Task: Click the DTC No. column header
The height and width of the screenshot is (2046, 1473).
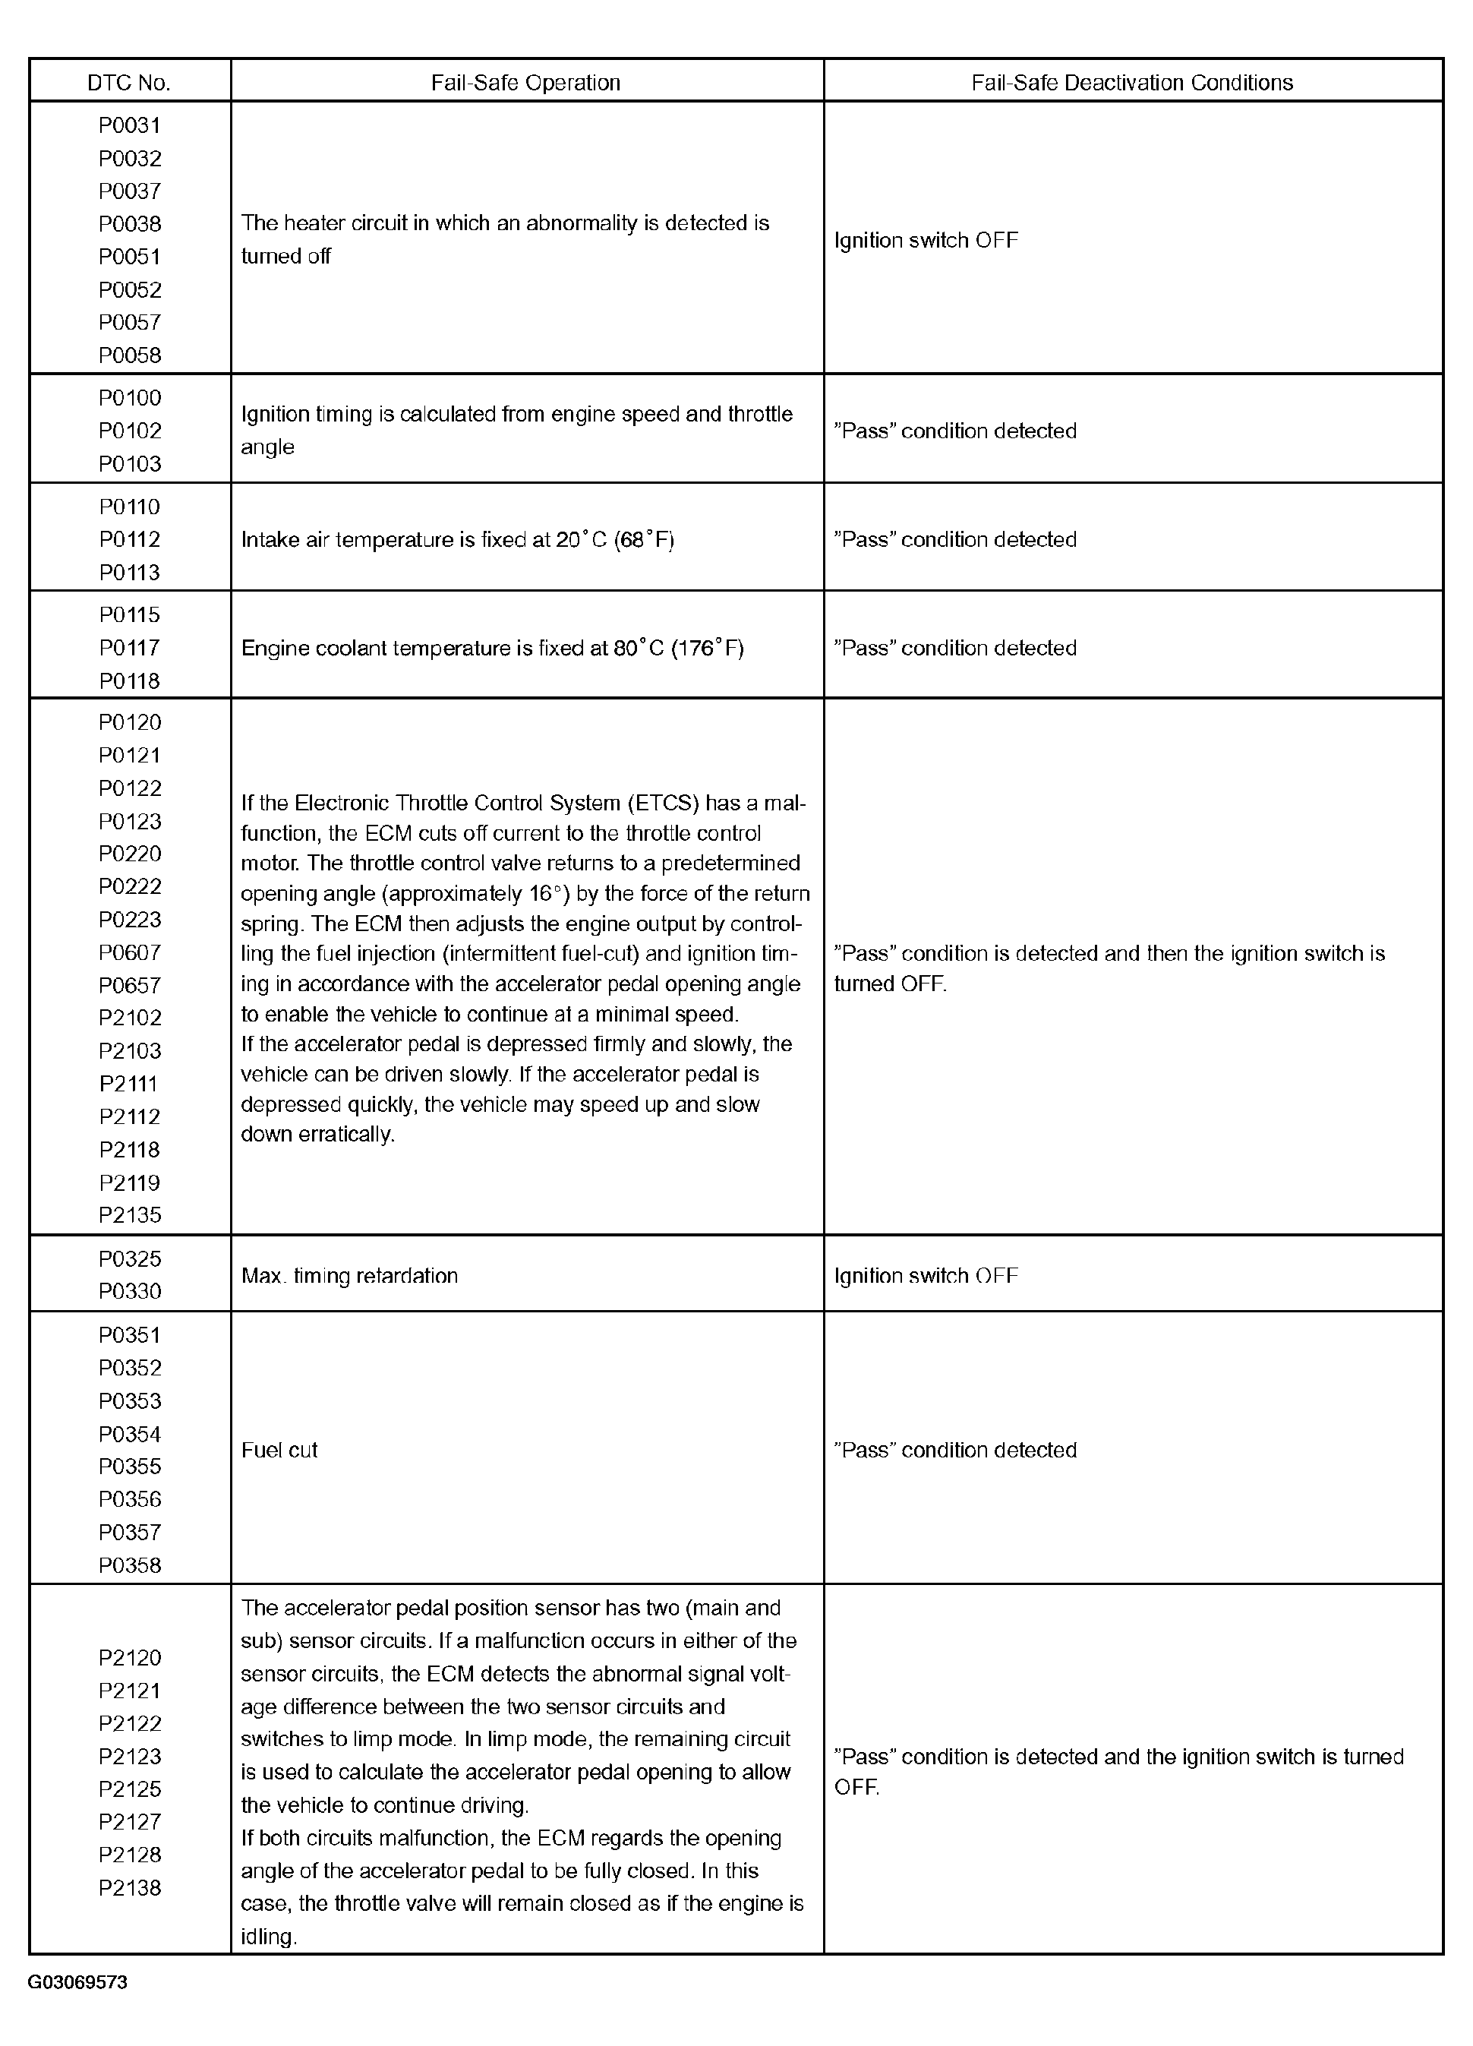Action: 129,83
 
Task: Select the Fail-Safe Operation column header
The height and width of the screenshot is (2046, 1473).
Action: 526,83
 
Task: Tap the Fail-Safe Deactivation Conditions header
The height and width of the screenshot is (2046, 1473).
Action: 1132,83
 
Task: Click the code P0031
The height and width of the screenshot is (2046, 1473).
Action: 130,125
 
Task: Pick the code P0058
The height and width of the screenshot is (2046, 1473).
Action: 130,355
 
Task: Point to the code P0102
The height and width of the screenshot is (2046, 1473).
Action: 130,431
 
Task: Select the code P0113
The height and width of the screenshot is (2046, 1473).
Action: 130,573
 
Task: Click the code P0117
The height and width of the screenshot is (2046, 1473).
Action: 130,648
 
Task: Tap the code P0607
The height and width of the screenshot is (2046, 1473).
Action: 130,952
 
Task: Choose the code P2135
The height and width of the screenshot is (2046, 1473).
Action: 130,1215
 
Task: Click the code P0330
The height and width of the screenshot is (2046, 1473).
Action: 130,1291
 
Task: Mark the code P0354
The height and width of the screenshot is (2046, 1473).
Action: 130,1435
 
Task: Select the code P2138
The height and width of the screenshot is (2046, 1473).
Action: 130,1888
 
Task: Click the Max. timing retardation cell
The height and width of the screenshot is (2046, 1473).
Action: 349,1276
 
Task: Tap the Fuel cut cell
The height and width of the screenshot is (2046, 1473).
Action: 279,1450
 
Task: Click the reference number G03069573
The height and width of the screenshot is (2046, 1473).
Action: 77,1983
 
